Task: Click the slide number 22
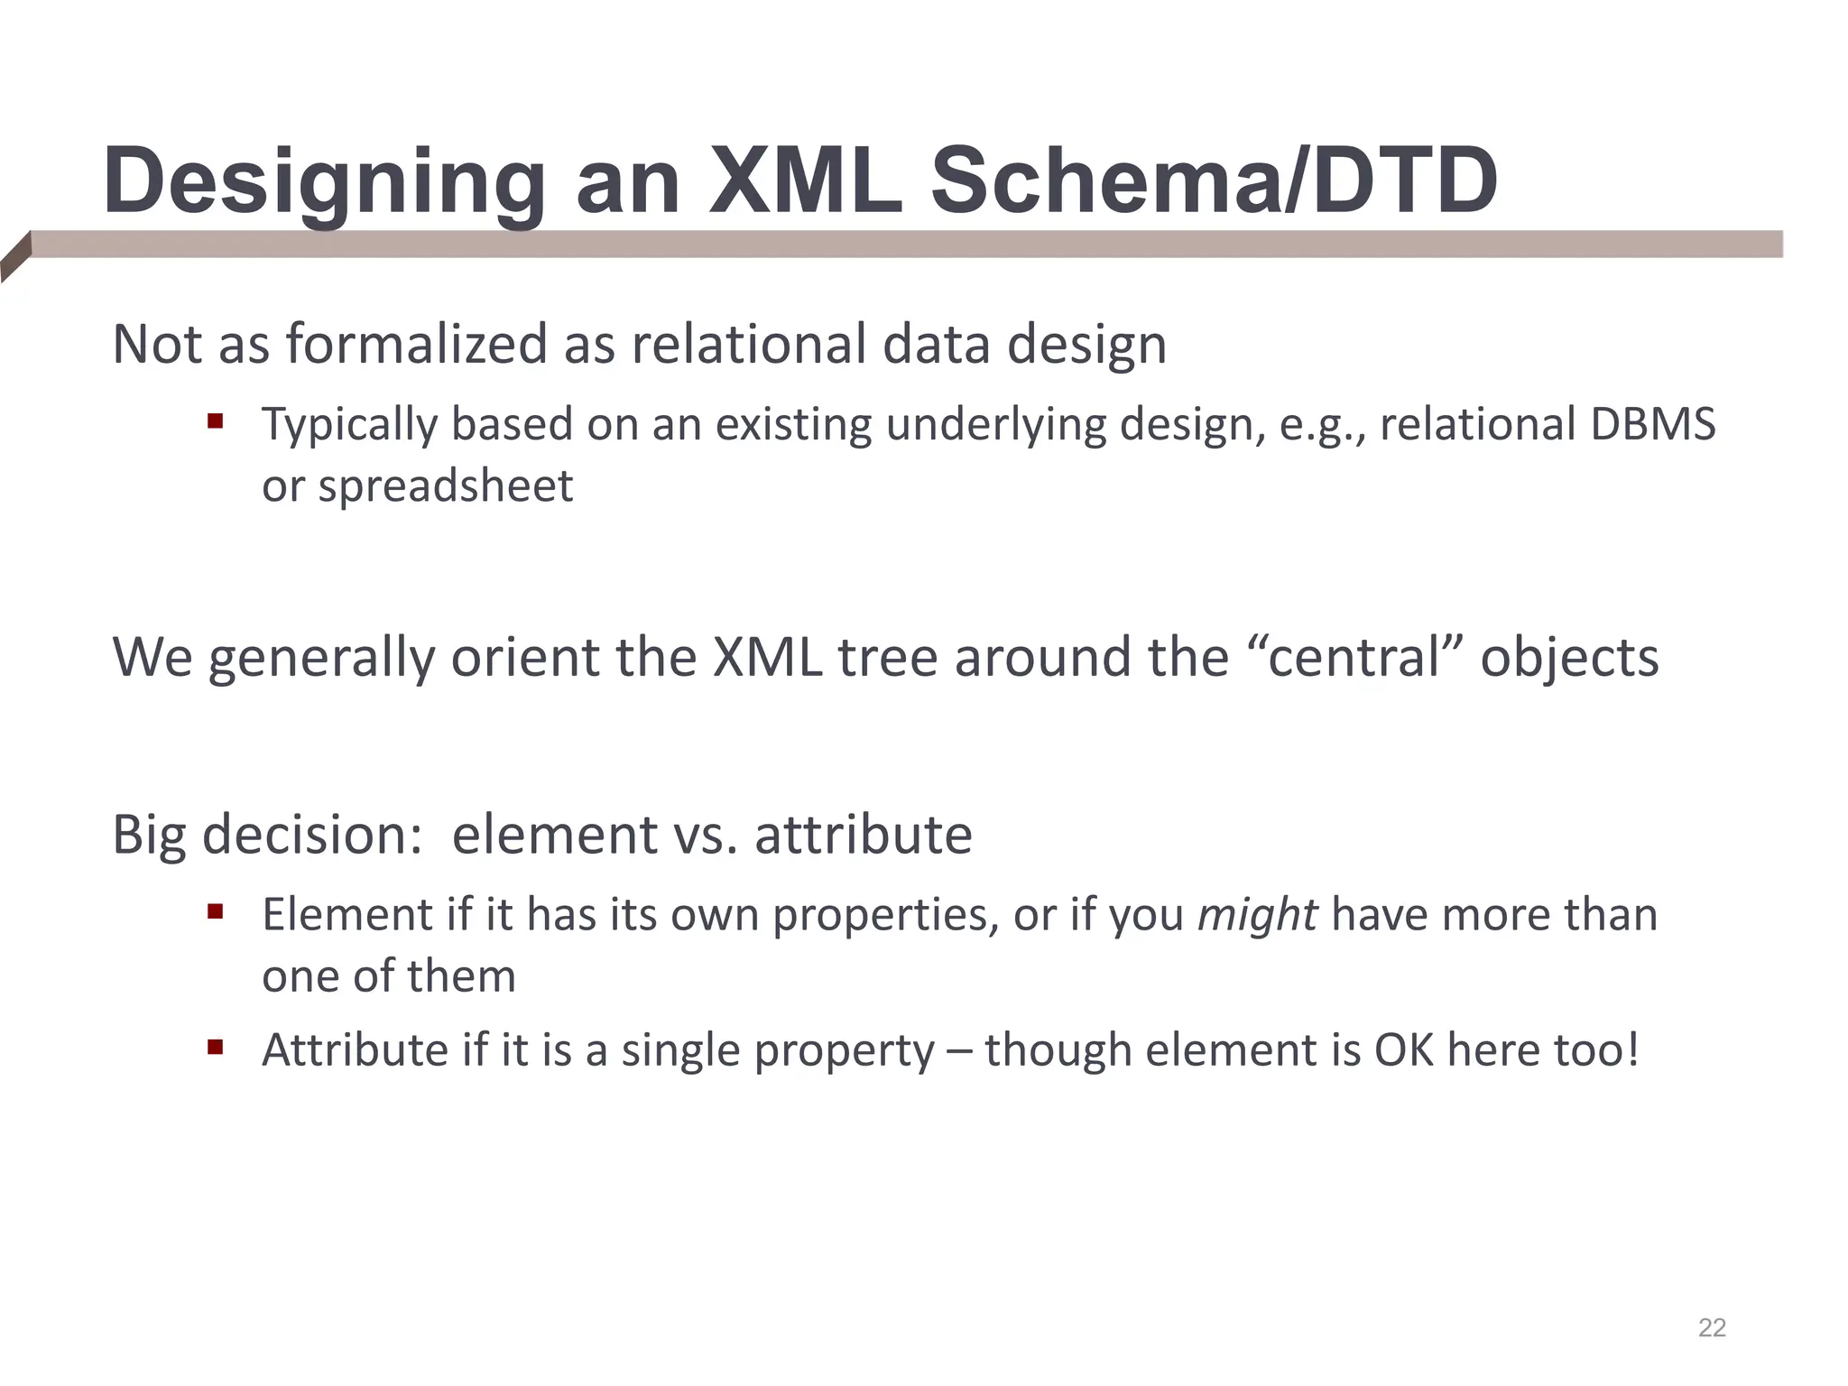(x=1712, y=1327)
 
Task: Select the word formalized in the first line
(x=416, y=345)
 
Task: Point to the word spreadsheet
(x=445, y=486)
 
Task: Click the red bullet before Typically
(x=215, y=420)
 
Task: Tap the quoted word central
(x=1354, y=657)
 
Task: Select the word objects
(x=1569, y=659)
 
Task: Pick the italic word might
(x=1257, y=916)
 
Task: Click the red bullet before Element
(x=215, y=911)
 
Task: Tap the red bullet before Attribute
(x=215, y=1048)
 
